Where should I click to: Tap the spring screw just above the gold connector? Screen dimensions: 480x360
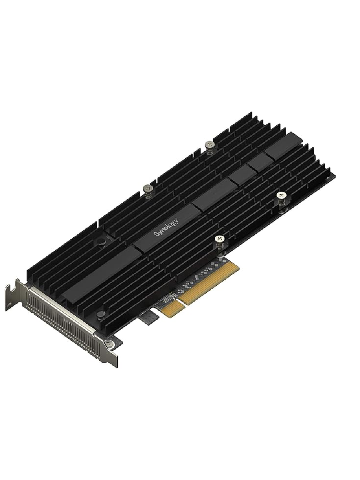pyautogui.click(x=219, y=239)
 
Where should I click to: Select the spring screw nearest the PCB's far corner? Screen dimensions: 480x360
pyautogui.click(x=282, y=195)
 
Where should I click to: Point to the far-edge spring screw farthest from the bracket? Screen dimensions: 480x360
pyautogui.click(x=208, y=144)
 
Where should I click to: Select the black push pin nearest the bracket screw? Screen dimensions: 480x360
pyautogui.click(x=102, y=314)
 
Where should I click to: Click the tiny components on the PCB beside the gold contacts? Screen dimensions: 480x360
pyautogui.click(x=196, y=280)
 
